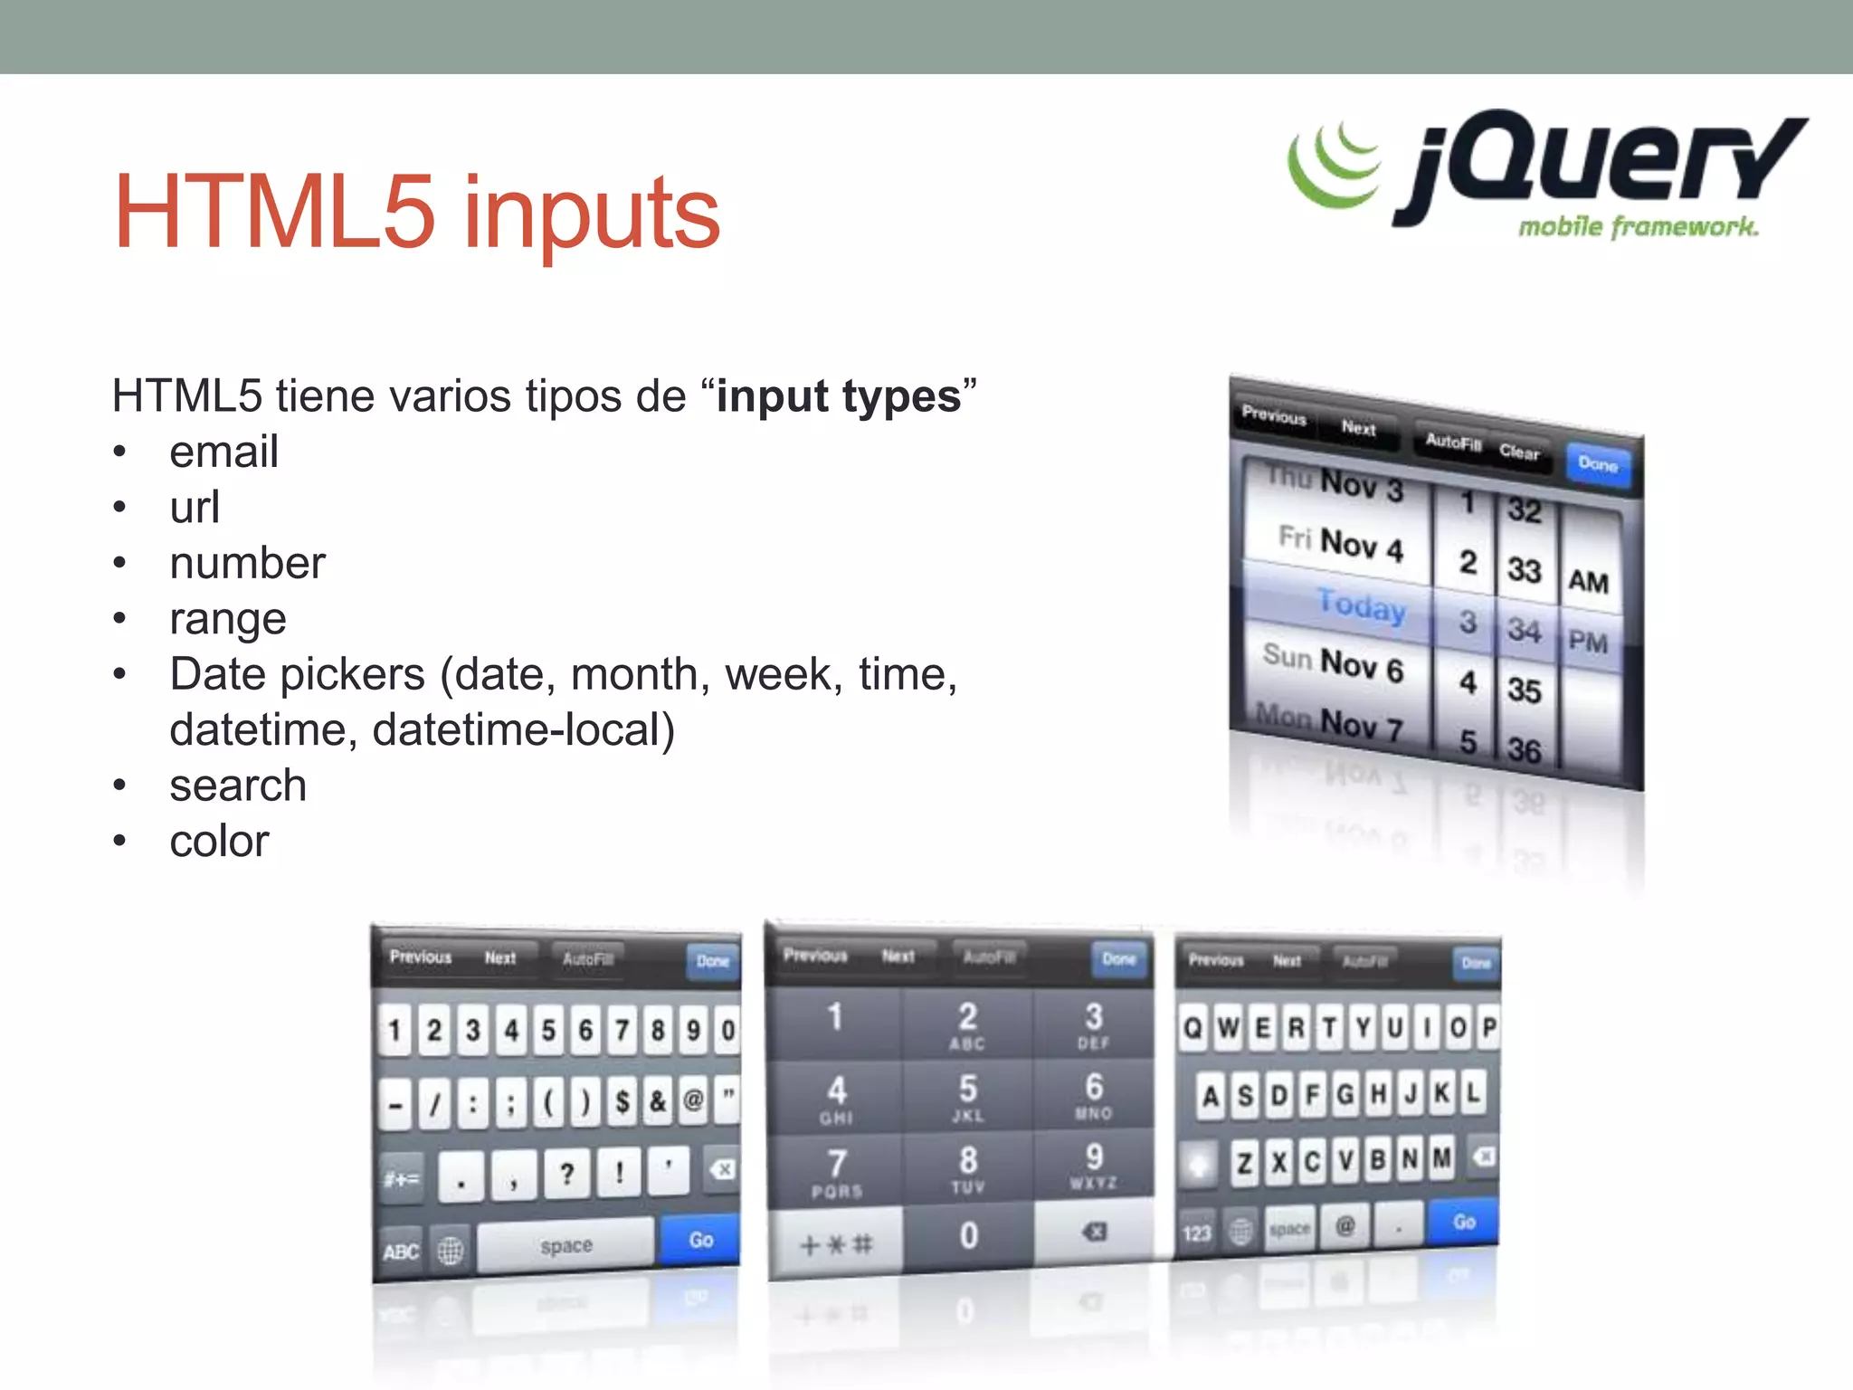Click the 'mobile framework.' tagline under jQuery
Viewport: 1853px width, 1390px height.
[1638, 226]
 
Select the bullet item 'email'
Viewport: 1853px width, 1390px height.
[223, 452]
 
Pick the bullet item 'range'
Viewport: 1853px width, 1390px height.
[228, 619]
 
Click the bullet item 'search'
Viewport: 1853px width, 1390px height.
[238, 785]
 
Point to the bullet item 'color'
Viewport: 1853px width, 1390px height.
[219, 842]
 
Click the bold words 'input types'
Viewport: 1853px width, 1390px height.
[838, 396]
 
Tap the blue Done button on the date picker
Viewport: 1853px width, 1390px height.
[1597, 464]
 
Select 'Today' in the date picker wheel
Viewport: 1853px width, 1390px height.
[1361, 605]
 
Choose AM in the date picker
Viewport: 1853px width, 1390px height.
[1588, 581]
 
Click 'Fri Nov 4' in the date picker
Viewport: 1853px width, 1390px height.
[1341, 543]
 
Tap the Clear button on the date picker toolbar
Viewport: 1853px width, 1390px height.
[1518, 452]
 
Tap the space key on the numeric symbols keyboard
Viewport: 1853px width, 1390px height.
[565, 1246]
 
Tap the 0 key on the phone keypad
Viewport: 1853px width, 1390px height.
[968, 1235]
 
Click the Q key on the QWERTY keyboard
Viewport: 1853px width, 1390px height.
[1193, 1028]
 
